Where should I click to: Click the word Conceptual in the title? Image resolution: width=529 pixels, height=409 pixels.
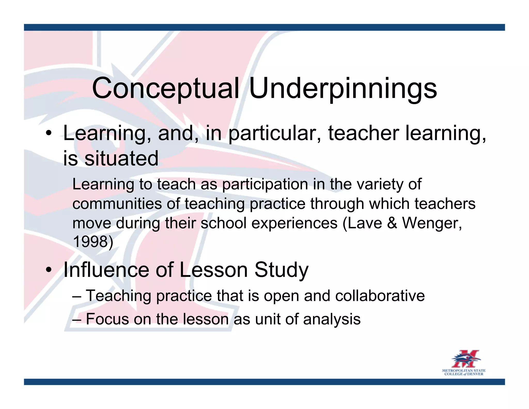pos(166,89)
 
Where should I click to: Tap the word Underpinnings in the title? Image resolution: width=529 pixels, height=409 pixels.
pos(343,89)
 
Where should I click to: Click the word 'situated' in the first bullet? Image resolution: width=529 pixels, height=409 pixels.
pos(121,158)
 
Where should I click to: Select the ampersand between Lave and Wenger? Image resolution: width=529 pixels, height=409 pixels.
pos(392,223)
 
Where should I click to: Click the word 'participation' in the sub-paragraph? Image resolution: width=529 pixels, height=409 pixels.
pos(265,185)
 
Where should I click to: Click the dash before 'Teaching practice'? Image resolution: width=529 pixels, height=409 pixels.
pos(77,296)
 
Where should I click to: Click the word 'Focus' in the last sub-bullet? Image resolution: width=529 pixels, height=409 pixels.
pos(107,319)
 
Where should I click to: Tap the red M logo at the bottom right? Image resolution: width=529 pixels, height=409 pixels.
pos(465,359)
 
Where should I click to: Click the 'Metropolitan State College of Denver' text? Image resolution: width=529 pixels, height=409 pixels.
pos(464,372)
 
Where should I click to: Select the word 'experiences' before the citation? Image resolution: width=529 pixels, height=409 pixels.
pos(294,223)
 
